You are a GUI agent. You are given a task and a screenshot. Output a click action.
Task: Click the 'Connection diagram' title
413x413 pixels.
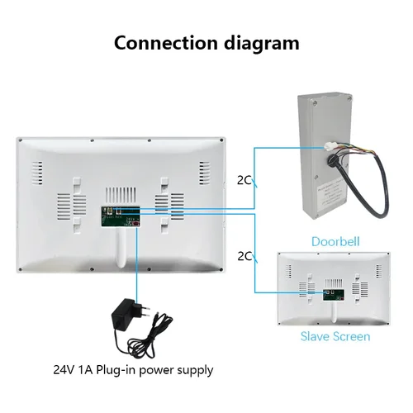(x=206, y=43)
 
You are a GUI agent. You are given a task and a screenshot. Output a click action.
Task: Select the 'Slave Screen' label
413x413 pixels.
(x=334, y=336)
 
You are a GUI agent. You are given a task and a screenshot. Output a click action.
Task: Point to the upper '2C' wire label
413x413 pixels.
(x=244, y=178)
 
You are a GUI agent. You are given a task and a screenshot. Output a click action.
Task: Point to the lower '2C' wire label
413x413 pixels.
(x=244, y=256)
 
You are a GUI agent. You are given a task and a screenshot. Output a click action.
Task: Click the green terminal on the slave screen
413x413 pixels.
(x=330, y=293)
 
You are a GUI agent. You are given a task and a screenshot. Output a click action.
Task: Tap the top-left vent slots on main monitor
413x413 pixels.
(x=37, y=173)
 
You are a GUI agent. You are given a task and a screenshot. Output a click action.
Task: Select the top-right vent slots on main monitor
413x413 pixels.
(x=203, y=173)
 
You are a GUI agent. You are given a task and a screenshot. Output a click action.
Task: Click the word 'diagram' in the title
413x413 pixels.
(x=258, y=43)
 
